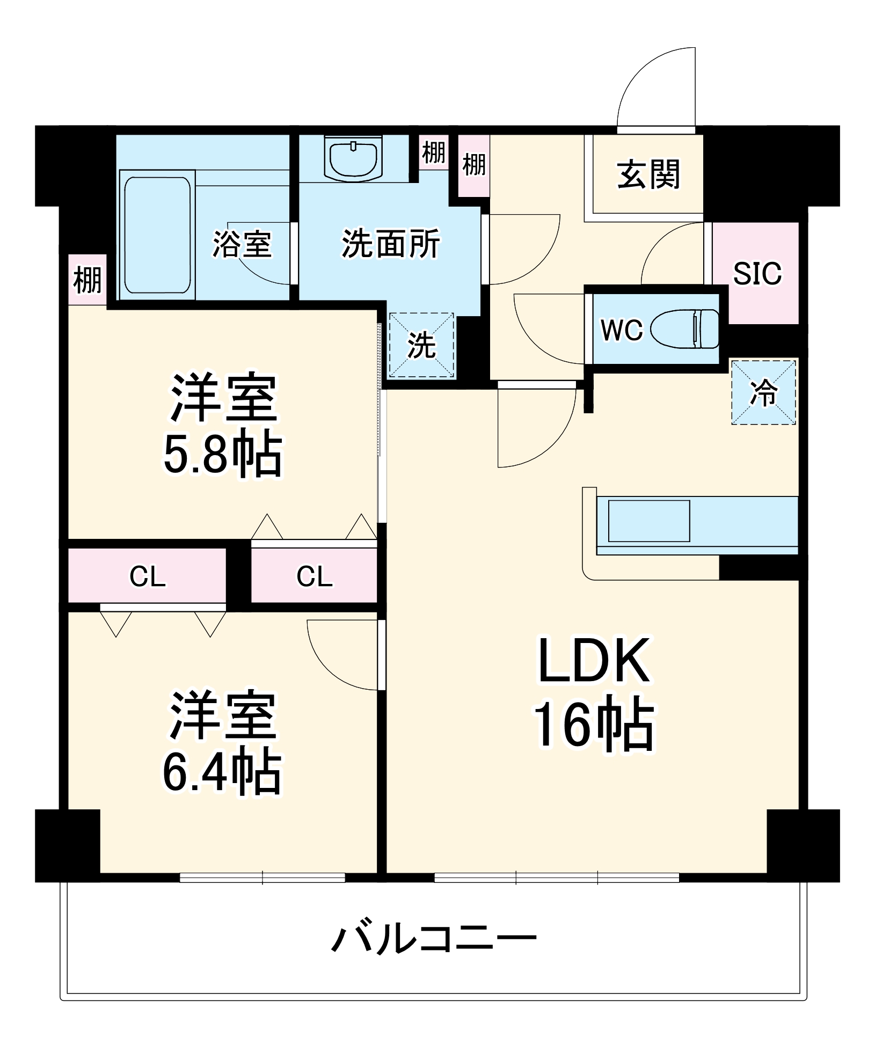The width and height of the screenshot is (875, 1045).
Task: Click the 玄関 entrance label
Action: click(x=648, y=174)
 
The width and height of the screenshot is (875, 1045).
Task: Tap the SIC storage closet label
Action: click(x=757, y=274)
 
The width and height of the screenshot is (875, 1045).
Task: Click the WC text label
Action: click(x=622, y=330)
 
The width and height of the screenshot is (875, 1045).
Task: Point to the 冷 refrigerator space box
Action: click(x=763, y=392)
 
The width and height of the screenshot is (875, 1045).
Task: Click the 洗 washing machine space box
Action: click(x=421, y=345)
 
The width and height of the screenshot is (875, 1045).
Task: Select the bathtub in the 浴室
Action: click(x=157, y=235)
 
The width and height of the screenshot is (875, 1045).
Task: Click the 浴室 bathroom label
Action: click(x=242, y=244)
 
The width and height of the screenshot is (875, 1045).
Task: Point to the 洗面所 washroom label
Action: click(x=391, y=244)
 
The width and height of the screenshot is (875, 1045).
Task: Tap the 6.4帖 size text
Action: click(x=222, y=772)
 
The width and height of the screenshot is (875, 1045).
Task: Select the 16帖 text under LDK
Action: click(x=594, y=724)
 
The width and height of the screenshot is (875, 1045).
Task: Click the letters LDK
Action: click(x=594, y=660)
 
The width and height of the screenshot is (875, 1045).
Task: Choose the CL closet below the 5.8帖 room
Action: click(x=314, y=576)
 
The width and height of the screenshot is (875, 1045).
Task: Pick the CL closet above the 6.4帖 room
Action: click(x=147, y=576)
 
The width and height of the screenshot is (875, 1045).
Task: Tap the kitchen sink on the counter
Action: click(x=648, y=521)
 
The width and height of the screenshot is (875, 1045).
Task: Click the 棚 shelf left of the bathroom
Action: click(x=87, y=280)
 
